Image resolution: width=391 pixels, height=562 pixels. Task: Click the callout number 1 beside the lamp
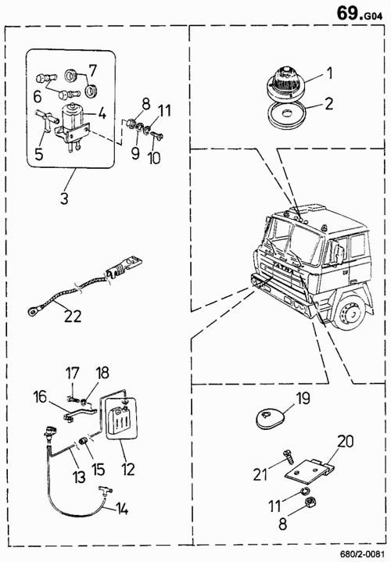[x=329, y=73]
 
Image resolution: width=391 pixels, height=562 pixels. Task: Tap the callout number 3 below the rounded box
[x=64, y=198]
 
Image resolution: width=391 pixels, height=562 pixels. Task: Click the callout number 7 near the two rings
[x=92, y=70]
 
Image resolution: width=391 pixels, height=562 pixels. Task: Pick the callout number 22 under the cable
[x=73, y=316]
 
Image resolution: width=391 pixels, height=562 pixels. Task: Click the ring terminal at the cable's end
[x=33, y=312]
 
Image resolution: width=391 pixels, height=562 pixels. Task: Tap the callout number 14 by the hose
[x=122, y=509]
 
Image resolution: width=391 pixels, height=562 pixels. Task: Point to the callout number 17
[x=72, y=373]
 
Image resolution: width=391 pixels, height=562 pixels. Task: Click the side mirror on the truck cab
[x=338, y=252]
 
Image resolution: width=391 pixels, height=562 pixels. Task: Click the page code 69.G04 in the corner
[x=359, y=13]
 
